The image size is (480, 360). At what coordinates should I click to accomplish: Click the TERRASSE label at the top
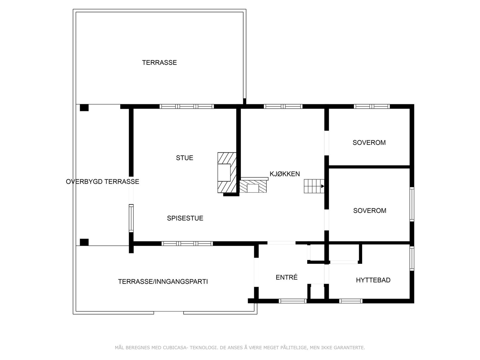pos(159,63)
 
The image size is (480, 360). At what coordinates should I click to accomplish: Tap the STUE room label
pos(184,158)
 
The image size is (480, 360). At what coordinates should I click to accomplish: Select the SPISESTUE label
pos(185,218)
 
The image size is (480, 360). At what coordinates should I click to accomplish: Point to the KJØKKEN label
pos(285,174)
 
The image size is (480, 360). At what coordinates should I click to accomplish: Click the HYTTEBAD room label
pos(373,280)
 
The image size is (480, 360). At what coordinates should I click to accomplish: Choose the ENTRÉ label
pos(286,277)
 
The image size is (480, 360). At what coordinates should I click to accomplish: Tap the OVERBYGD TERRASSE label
pos(102,182)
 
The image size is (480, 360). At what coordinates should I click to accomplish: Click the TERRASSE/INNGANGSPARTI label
pos(163,282)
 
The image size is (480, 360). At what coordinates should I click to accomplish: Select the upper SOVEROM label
pos(369,143)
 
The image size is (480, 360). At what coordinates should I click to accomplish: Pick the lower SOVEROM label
pos(370,211)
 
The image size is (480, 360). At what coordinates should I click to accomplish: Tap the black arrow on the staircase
pos(323,186)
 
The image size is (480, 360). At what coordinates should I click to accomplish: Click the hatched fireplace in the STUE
pos(227,172)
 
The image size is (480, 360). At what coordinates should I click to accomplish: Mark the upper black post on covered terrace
pos(84,107)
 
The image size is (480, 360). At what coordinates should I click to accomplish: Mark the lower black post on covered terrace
pos(84,242)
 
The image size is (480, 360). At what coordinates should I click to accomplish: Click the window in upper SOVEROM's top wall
pos(372,106)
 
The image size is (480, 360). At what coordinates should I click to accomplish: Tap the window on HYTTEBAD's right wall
pos(412,258)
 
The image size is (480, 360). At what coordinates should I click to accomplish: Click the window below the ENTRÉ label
pos(292,301)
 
